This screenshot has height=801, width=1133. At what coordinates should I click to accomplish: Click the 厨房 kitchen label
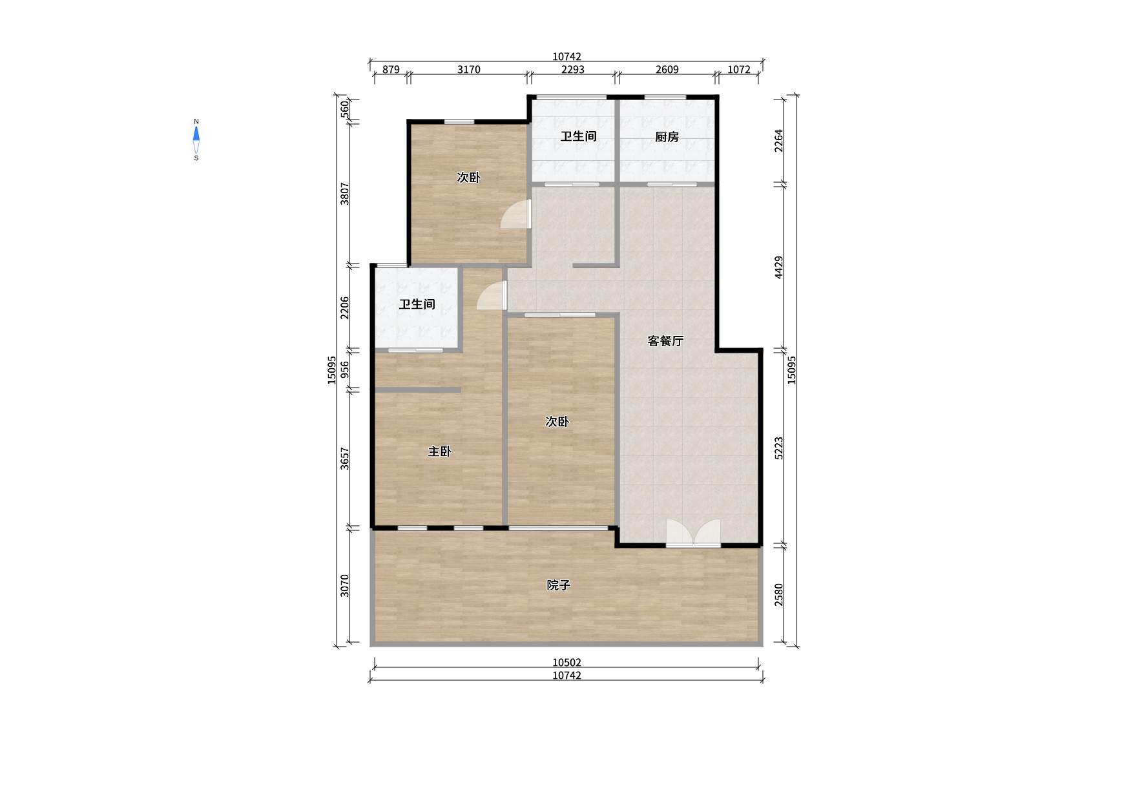point(667,137)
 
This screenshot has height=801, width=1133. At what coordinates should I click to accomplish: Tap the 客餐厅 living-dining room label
point(665,341)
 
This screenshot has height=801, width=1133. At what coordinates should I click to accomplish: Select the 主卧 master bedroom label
point(439,452)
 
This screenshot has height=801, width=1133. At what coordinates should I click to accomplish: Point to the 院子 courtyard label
point(559,585)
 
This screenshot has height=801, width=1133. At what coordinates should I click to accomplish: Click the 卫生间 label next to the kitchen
point(578,136)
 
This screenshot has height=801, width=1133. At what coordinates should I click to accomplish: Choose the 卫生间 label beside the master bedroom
point(417,304)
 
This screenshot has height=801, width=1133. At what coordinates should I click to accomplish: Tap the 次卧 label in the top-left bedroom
point(468,178)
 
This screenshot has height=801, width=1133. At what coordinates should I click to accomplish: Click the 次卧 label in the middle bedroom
point(557,422)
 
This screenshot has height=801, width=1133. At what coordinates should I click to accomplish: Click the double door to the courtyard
point(693,534)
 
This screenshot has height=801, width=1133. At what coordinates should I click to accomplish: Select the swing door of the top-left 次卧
point(516,214)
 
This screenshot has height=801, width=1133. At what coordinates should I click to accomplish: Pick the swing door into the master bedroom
point(492,295)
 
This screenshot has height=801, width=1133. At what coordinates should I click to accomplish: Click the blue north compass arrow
point(196,134)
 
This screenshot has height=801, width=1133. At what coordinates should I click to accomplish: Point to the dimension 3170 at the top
point(469,70)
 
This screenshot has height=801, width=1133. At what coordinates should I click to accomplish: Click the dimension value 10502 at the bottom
point(566,663)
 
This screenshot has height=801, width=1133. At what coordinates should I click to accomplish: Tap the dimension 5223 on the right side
point(779,448)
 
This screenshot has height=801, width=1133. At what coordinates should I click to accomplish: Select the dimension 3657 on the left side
point(345,459)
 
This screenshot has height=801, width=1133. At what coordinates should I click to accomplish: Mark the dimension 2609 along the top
point(667,70)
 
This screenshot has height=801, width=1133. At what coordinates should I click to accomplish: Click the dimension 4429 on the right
point(779,267)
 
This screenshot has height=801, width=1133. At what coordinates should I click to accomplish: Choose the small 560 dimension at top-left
point(345,108)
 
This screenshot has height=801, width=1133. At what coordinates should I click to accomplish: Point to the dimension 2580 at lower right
point(779,594)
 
